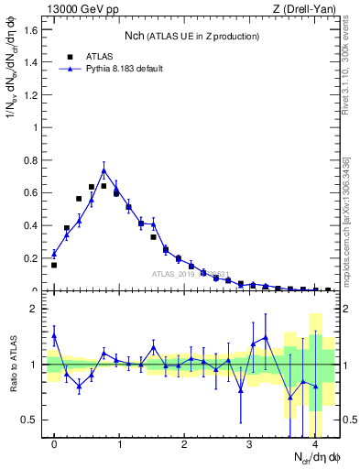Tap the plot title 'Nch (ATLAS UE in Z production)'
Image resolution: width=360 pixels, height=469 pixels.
click(x=192, y=35)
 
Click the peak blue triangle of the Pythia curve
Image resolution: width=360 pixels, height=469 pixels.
click(x=104, y=170)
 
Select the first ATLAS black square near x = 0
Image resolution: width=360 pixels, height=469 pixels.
click(x=54, y=265)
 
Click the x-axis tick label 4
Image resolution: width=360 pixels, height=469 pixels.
click(x=314, y=444)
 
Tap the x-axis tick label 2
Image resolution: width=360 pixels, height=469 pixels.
click(x=184, y=444)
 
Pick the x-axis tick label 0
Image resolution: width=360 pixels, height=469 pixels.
click(x=54, y=444)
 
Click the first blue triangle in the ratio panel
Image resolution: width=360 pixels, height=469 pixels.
click(x=54, y=336)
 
